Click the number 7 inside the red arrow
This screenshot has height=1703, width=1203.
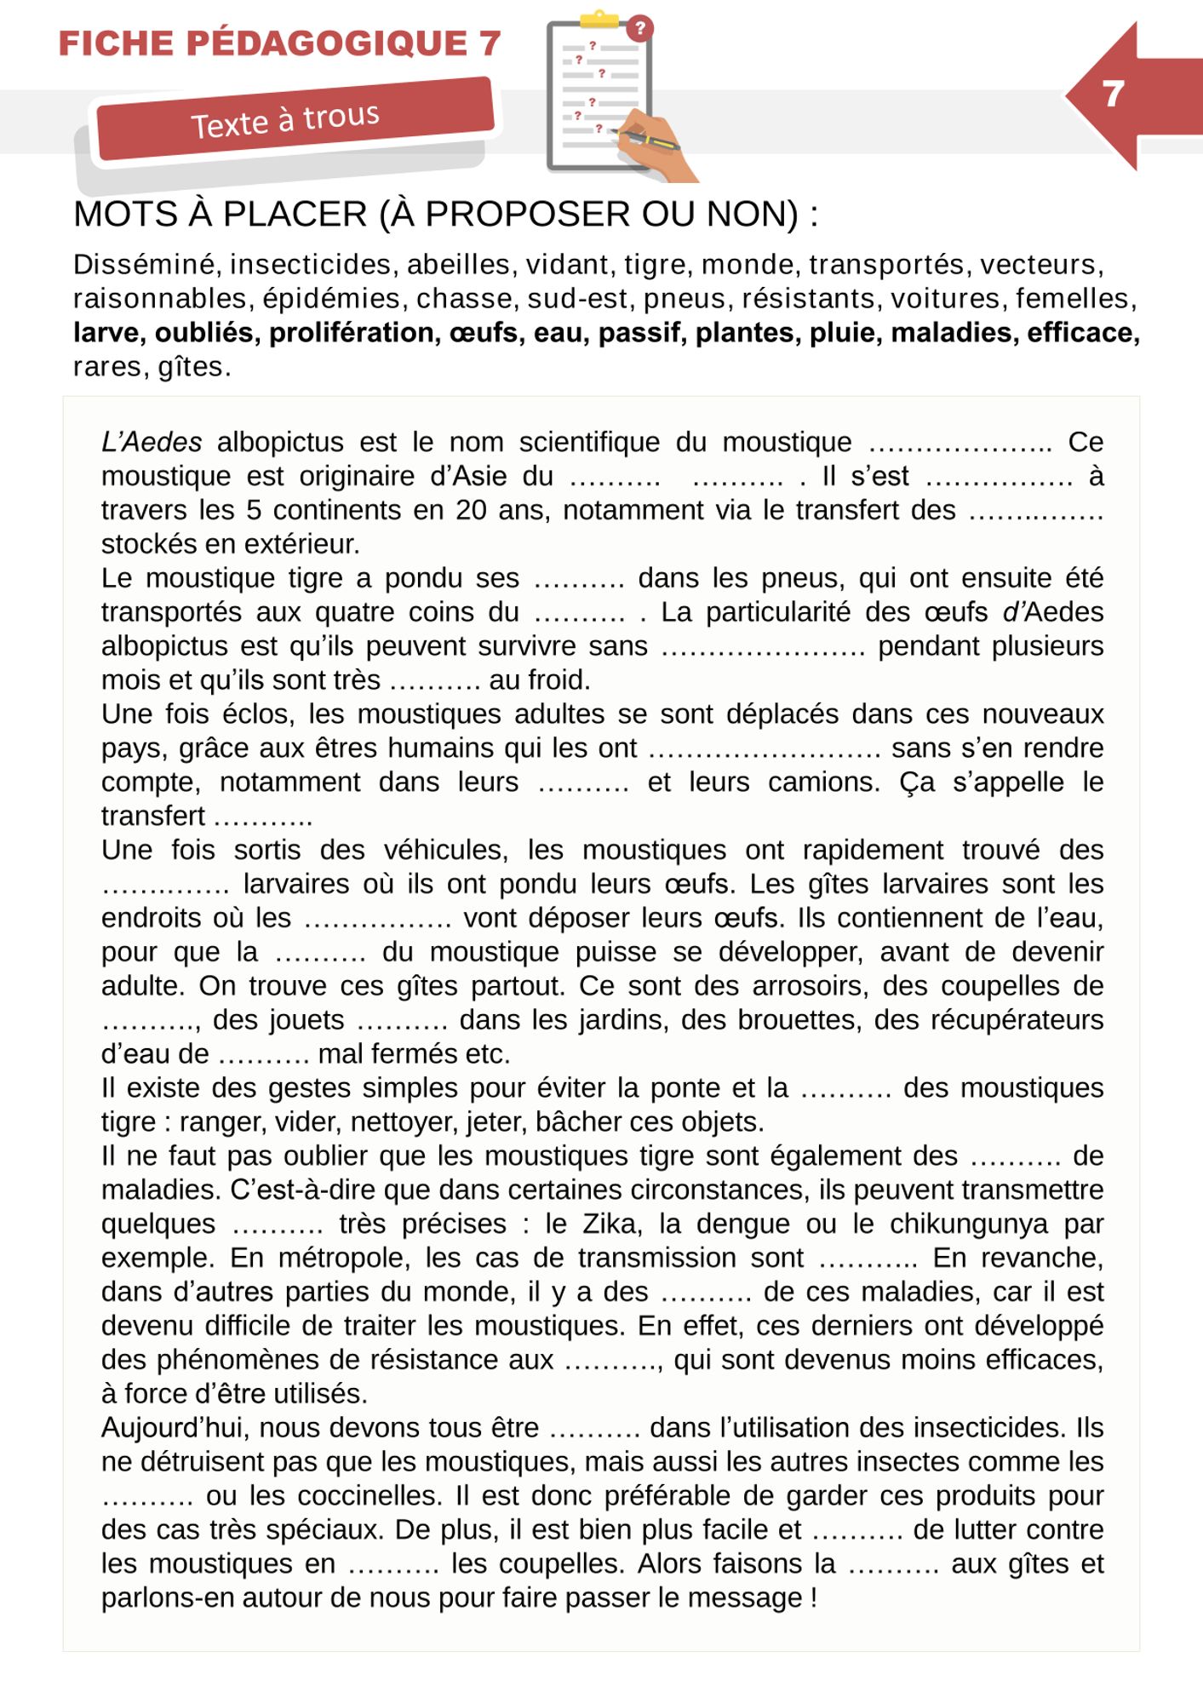[1113, 94]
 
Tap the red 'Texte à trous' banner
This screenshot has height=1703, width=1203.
[294, 119]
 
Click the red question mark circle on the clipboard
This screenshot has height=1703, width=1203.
[639, 28]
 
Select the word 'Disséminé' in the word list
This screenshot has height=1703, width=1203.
[146, 265]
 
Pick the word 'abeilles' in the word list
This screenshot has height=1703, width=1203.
[461, 265]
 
